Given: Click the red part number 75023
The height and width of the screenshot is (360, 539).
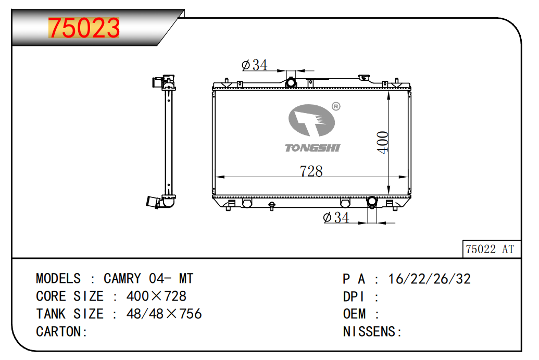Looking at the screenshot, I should (84, 28).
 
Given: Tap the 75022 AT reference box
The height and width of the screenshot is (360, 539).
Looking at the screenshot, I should (490, 249).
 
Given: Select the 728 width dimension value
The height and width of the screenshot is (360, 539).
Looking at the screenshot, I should (311, 171).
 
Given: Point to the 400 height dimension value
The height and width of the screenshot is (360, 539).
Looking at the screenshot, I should (383, 142).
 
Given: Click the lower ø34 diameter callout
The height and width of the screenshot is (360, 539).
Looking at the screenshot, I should (336, 217).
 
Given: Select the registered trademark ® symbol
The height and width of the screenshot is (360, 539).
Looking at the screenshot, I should (336, 107).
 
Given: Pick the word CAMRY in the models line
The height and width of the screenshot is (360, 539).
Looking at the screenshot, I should (122, 279).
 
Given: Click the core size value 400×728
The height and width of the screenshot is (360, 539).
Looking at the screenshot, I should (156, 296).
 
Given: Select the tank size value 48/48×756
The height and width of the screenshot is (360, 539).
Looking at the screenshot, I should (164, 314).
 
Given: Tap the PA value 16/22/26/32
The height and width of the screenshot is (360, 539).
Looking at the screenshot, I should (429, 279).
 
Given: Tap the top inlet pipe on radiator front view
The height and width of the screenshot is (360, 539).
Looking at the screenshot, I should (291, 82).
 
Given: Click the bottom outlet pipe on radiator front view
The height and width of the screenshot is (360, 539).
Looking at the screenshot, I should (372, 202).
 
